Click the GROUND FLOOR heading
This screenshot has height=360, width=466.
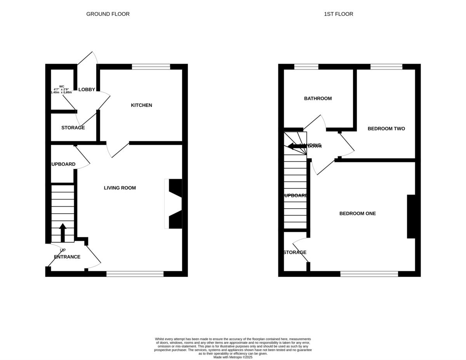coord(108,14)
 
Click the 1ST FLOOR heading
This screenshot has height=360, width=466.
coord(339,14)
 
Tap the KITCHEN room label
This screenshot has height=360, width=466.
coord(141,105)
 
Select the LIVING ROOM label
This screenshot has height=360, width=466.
coord(120,188)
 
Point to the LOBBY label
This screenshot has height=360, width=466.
coord(87,90)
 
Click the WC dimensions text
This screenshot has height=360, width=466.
coord(61,89)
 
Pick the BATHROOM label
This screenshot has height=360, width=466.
coord(318,99)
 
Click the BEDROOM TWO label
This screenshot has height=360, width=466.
coord(386,129)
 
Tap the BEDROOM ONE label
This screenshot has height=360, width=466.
coord(357,214)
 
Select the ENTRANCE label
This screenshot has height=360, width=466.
coord(67,257)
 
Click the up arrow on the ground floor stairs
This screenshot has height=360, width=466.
coord(63,232)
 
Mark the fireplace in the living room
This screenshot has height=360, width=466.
coord(174,204)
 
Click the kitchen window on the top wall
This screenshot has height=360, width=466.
coord(151,67)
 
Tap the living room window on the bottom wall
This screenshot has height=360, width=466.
coord(135,274)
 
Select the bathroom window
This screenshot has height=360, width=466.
coord(306,67)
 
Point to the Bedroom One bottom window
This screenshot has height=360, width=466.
coord(369,274)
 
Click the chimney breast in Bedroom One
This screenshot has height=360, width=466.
coord(411,216)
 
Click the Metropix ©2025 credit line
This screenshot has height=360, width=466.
coord(233,357)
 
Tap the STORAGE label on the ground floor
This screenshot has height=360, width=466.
coord(73,128)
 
